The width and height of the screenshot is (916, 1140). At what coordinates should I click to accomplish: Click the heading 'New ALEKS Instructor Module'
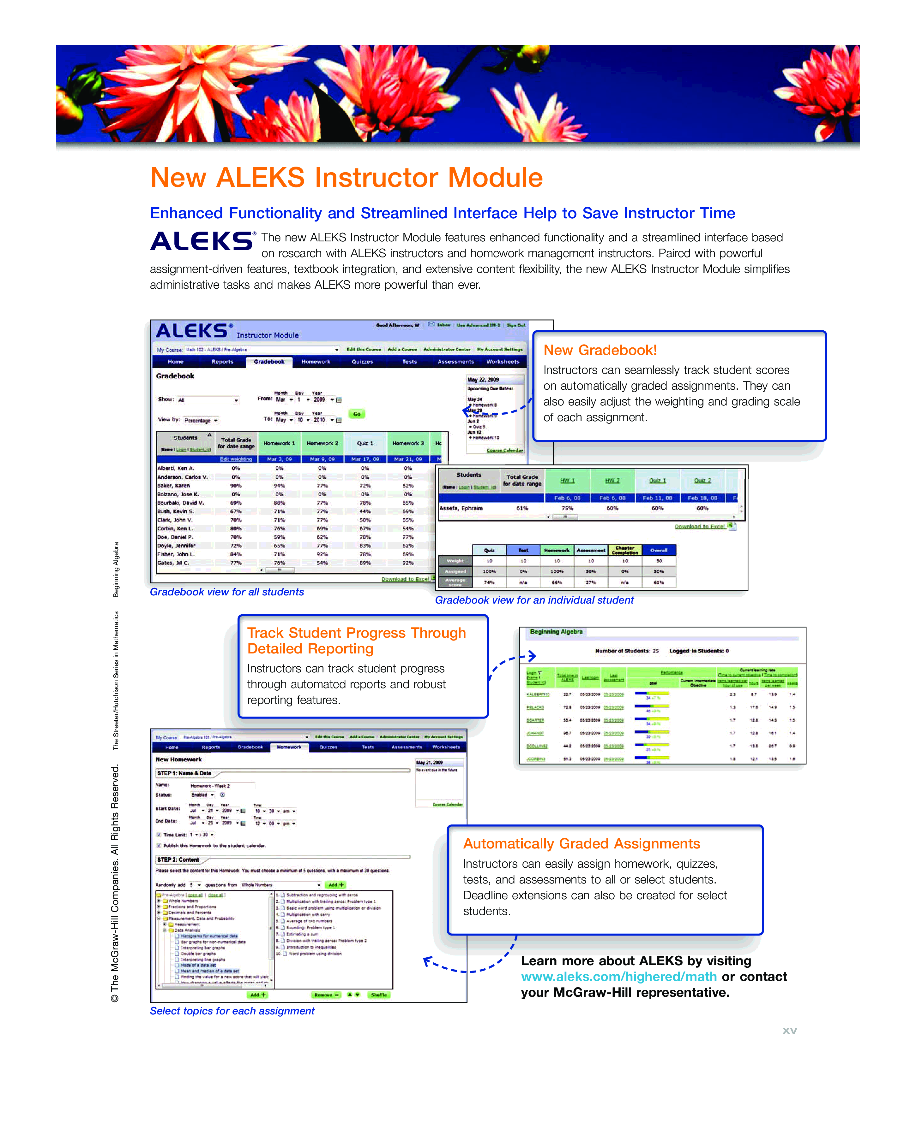(x=347, y=178)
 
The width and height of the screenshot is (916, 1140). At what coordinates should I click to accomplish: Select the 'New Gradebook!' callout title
(x=600, y=350)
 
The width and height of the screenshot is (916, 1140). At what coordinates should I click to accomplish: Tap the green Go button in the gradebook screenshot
(x=357, y=414)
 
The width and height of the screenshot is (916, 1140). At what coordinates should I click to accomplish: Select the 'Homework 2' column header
(x=322, y=443)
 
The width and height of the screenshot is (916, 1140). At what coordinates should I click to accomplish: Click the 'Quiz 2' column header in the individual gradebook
(x=702, y=481)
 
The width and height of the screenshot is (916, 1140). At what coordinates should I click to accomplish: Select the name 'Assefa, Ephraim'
(x=461, y=508)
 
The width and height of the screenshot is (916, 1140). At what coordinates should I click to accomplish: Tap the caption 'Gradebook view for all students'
(x=226, y=592)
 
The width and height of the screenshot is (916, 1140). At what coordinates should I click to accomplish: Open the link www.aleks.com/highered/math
(x=618, y=977)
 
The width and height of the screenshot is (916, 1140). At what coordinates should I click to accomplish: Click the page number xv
(x=789, y=1031)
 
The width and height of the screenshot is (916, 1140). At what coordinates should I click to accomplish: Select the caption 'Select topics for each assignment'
(x=232, y=1011)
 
